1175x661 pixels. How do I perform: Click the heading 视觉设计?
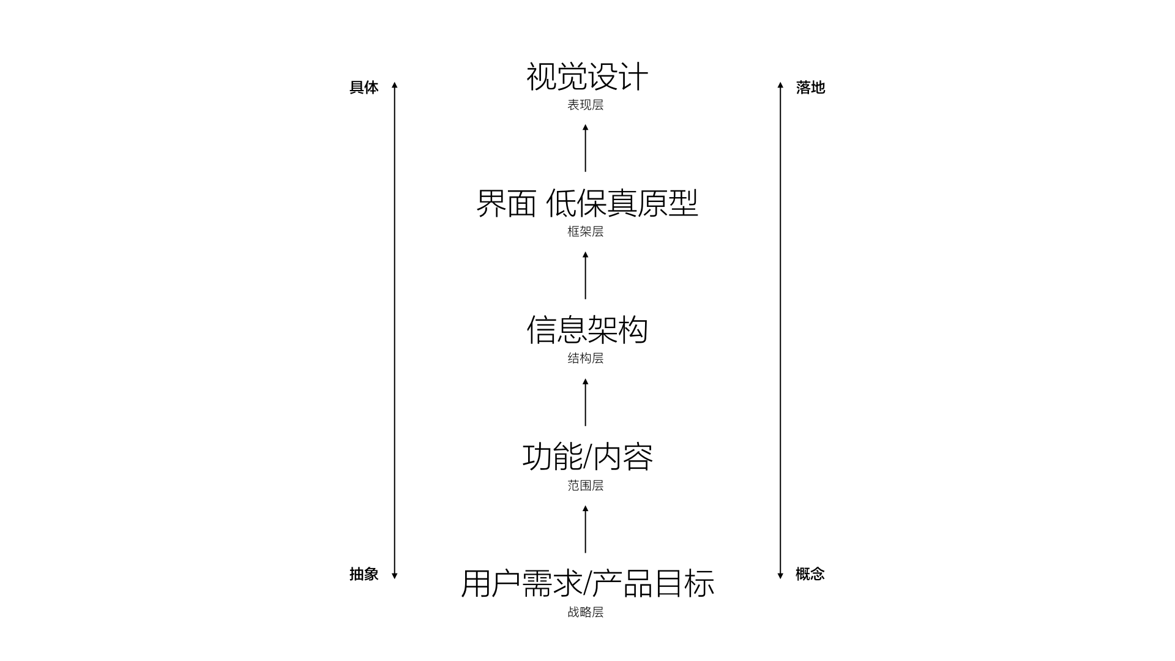(x=587, y=77)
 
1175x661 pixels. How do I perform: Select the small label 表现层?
(x=585, y=105)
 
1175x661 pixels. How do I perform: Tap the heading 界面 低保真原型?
(x=587, y=203)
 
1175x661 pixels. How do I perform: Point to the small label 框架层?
(x=585, y=232)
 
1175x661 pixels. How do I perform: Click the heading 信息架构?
(x=587, y=330)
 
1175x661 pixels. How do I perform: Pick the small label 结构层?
(x=585, y=359)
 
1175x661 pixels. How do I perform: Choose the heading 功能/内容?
(x=587, y=457)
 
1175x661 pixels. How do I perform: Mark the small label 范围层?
(x=585, y=486)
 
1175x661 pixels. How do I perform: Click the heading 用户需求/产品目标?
(x=587, y=584)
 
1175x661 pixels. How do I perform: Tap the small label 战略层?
(x=585, y=613)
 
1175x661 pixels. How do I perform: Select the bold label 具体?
(x=364, y=88)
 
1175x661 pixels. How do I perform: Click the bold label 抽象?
(x=364, y=574)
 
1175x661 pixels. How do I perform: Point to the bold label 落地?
(x=810, y=88)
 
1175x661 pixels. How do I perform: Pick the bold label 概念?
(x=810, y=574)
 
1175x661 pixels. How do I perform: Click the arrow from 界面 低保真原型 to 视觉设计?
(x=585, y=148)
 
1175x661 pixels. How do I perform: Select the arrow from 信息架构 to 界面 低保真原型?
(x=585, y=275)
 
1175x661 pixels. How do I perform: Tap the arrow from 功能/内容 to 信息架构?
(x=585, y=402)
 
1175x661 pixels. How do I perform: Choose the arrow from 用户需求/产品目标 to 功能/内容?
(x=585, y=529)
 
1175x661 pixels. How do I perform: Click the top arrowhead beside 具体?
(x=395, y=85)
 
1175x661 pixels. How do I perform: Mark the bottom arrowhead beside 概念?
(x=780, y=575)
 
